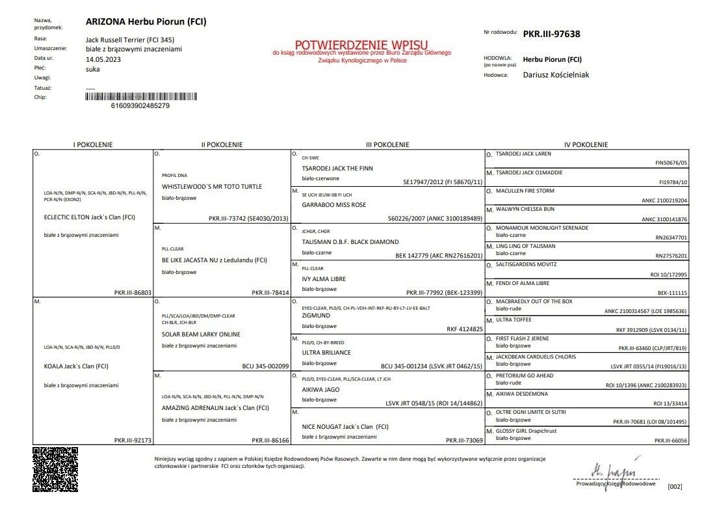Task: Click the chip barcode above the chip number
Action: [x=140, y=96]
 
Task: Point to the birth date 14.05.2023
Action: [x=103, y=59]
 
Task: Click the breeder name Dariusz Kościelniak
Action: [x=556, y=75]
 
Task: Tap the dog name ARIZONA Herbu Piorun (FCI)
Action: [x=146, y=21]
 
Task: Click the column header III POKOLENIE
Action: [x=387, y=144]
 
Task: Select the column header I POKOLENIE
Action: [x=93, y=144]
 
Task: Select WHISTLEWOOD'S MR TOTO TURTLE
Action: [x=212, y=187]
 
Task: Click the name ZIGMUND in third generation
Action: [x=316, y=315]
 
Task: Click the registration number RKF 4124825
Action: [x=465, y=329]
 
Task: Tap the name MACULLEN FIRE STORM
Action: [x=525, y=191]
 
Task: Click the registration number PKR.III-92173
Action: [x=133, y=441]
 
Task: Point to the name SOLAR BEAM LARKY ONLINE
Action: [x=201, y=334]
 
